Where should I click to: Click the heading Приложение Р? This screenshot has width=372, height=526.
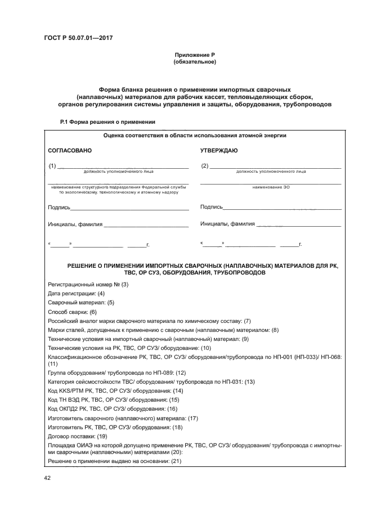pos(195,55)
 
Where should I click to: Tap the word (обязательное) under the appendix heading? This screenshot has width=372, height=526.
pos(195,61)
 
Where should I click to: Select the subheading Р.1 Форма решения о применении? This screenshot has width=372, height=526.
pos(107,122)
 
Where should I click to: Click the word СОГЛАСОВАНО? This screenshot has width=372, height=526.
pos(70,151)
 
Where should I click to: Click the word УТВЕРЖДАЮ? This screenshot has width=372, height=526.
pos(219,151)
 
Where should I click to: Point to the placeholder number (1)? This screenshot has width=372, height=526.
pos(53,165)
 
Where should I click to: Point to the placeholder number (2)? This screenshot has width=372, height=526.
pos(204,165)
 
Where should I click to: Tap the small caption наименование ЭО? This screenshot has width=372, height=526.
pos(271,187)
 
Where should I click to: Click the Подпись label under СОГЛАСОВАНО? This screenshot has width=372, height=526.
pos(59,208)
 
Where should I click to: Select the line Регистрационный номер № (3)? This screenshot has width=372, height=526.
pos(88,284)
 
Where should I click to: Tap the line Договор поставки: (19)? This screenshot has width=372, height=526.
pos(78,436)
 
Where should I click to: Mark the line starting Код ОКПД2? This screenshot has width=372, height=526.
pos(113,408)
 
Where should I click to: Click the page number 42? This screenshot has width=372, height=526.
pos(48,478)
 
